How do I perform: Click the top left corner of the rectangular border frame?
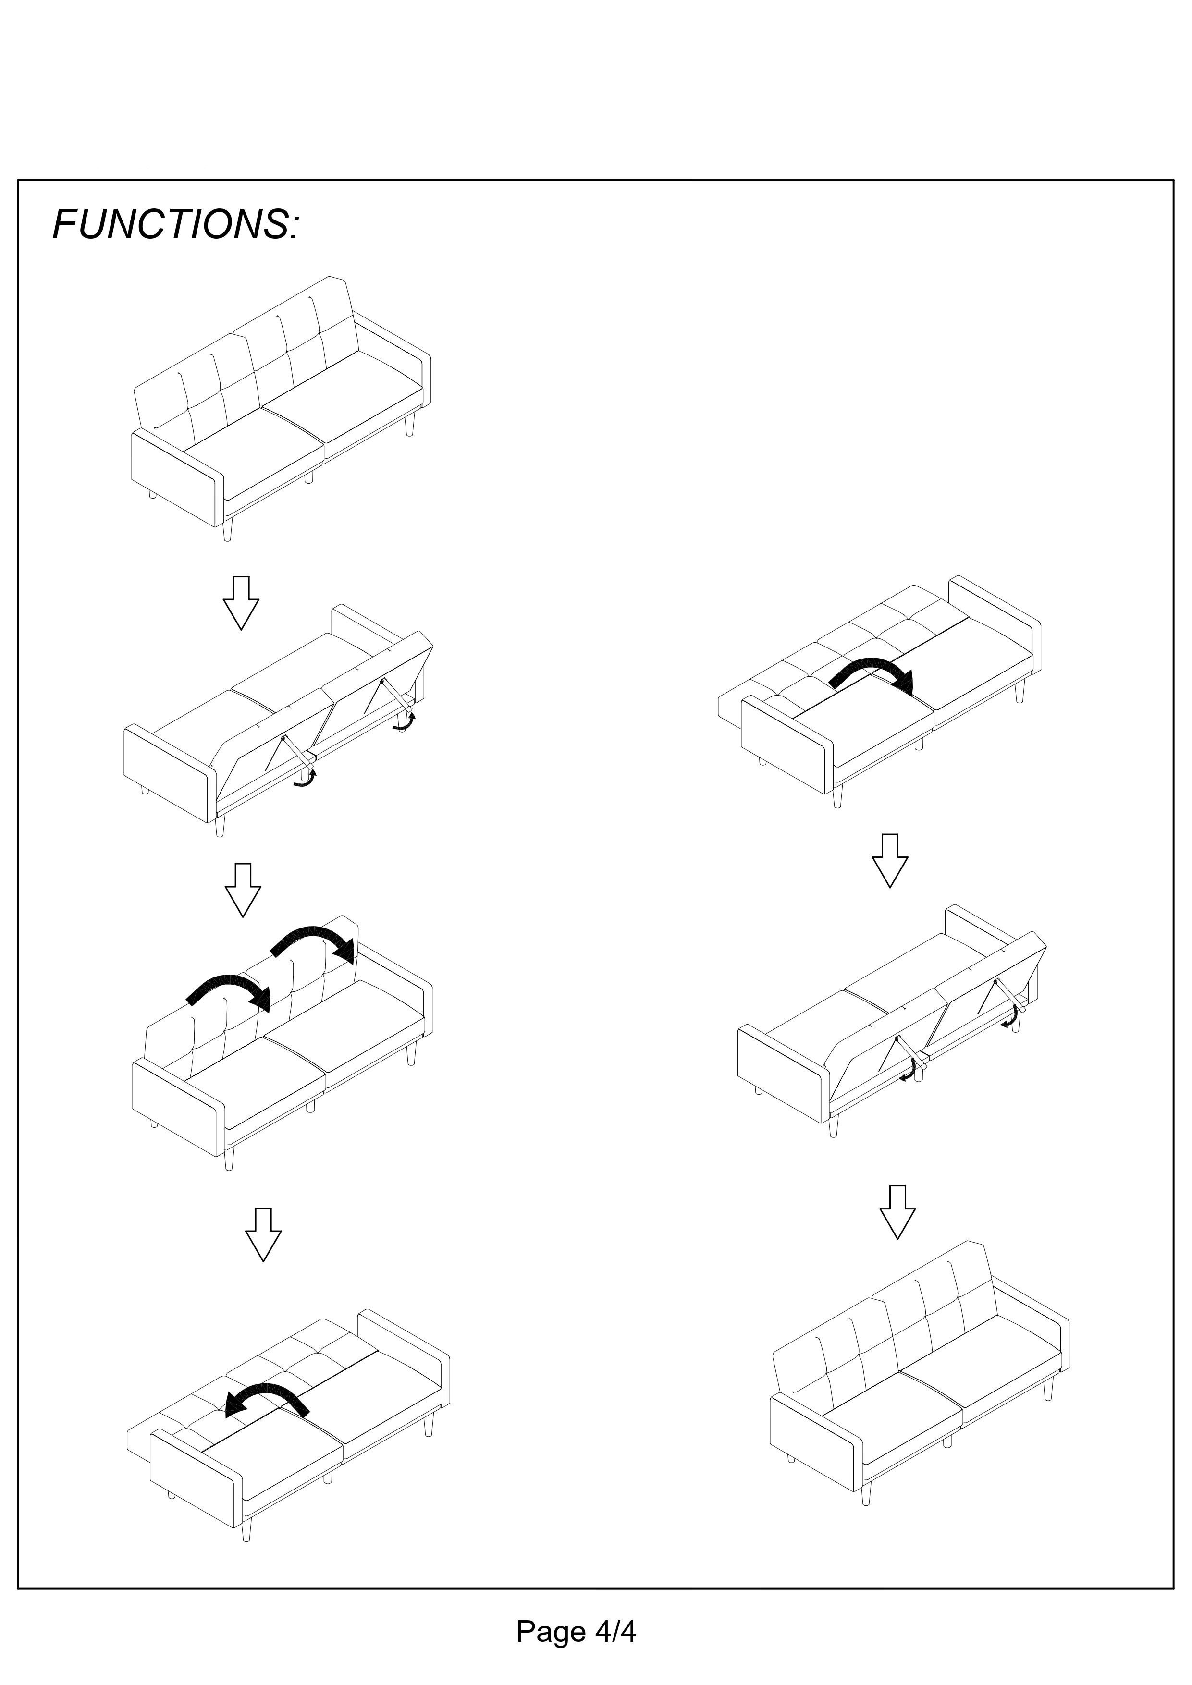click(x=18, y=180)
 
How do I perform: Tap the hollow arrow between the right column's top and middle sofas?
click(x=890, y=861)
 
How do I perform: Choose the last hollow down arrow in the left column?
click(x=263, y=1234)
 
